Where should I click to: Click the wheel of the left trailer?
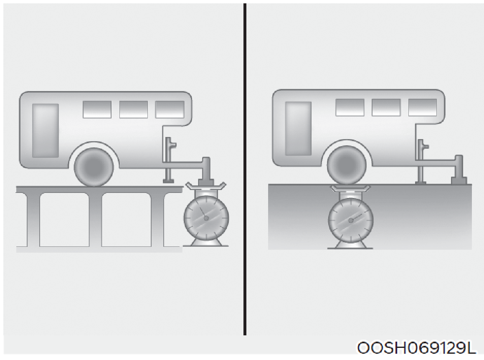[94, 167]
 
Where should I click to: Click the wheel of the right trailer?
[347, 166]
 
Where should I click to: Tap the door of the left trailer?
[46, 130]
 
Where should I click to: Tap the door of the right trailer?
[298, 129]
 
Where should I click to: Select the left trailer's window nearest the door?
[97, 109]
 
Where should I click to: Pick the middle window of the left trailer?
[133, 109]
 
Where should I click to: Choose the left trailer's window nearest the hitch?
[170, 109]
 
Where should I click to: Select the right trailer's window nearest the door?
[350, 107]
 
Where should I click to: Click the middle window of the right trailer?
[386, 107]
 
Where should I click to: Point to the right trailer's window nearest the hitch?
[423, 107]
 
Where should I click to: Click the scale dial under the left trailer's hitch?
[206, 218]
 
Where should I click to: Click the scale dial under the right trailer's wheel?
[351, 220]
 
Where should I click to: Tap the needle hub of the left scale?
[206, 218]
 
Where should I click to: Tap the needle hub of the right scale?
[351, 221]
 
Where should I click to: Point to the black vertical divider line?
[245, 169]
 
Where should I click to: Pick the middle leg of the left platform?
[95, 220]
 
